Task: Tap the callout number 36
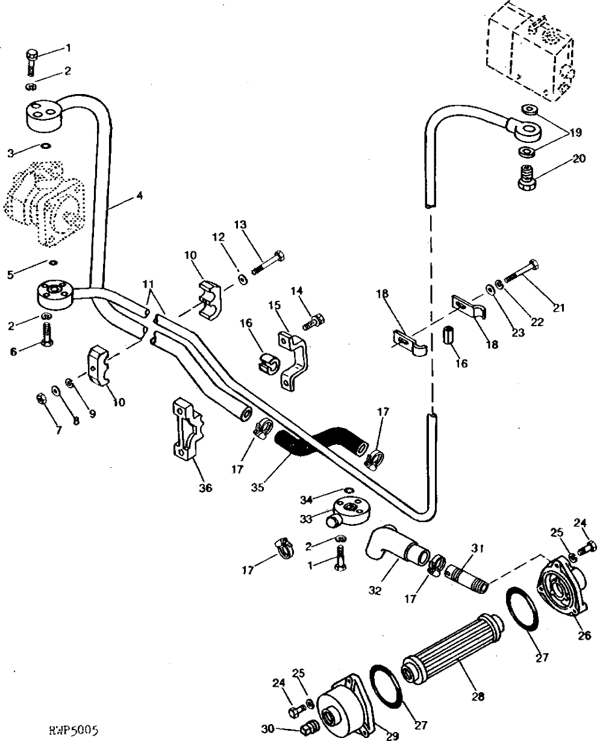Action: (x=206, y=488)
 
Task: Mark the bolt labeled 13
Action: (x=270, y=262)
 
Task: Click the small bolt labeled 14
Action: (x=313, y=322)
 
